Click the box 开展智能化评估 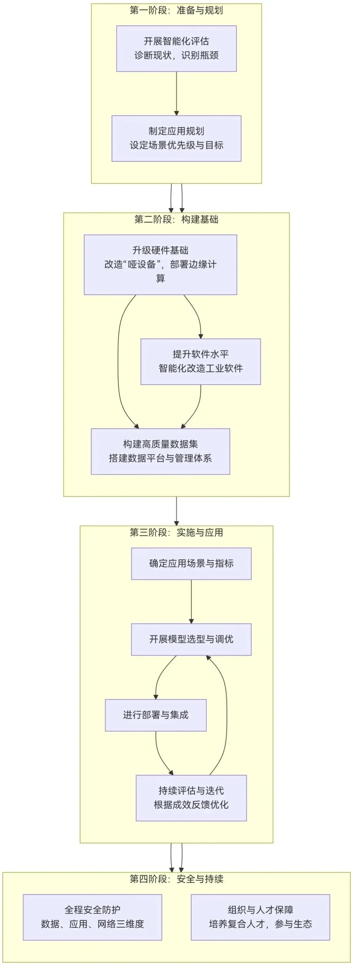176,48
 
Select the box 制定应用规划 176,138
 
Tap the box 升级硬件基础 160,264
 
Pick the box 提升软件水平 200,361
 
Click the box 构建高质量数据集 160,451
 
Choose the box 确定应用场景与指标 191,564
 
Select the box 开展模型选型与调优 191,639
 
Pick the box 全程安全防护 92,917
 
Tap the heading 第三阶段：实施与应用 176,532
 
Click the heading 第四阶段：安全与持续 176,879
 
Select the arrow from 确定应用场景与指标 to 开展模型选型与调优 191,601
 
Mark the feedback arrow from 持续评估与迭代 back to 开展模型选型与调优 226,713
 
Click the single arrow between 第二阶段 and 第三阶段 176,511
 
